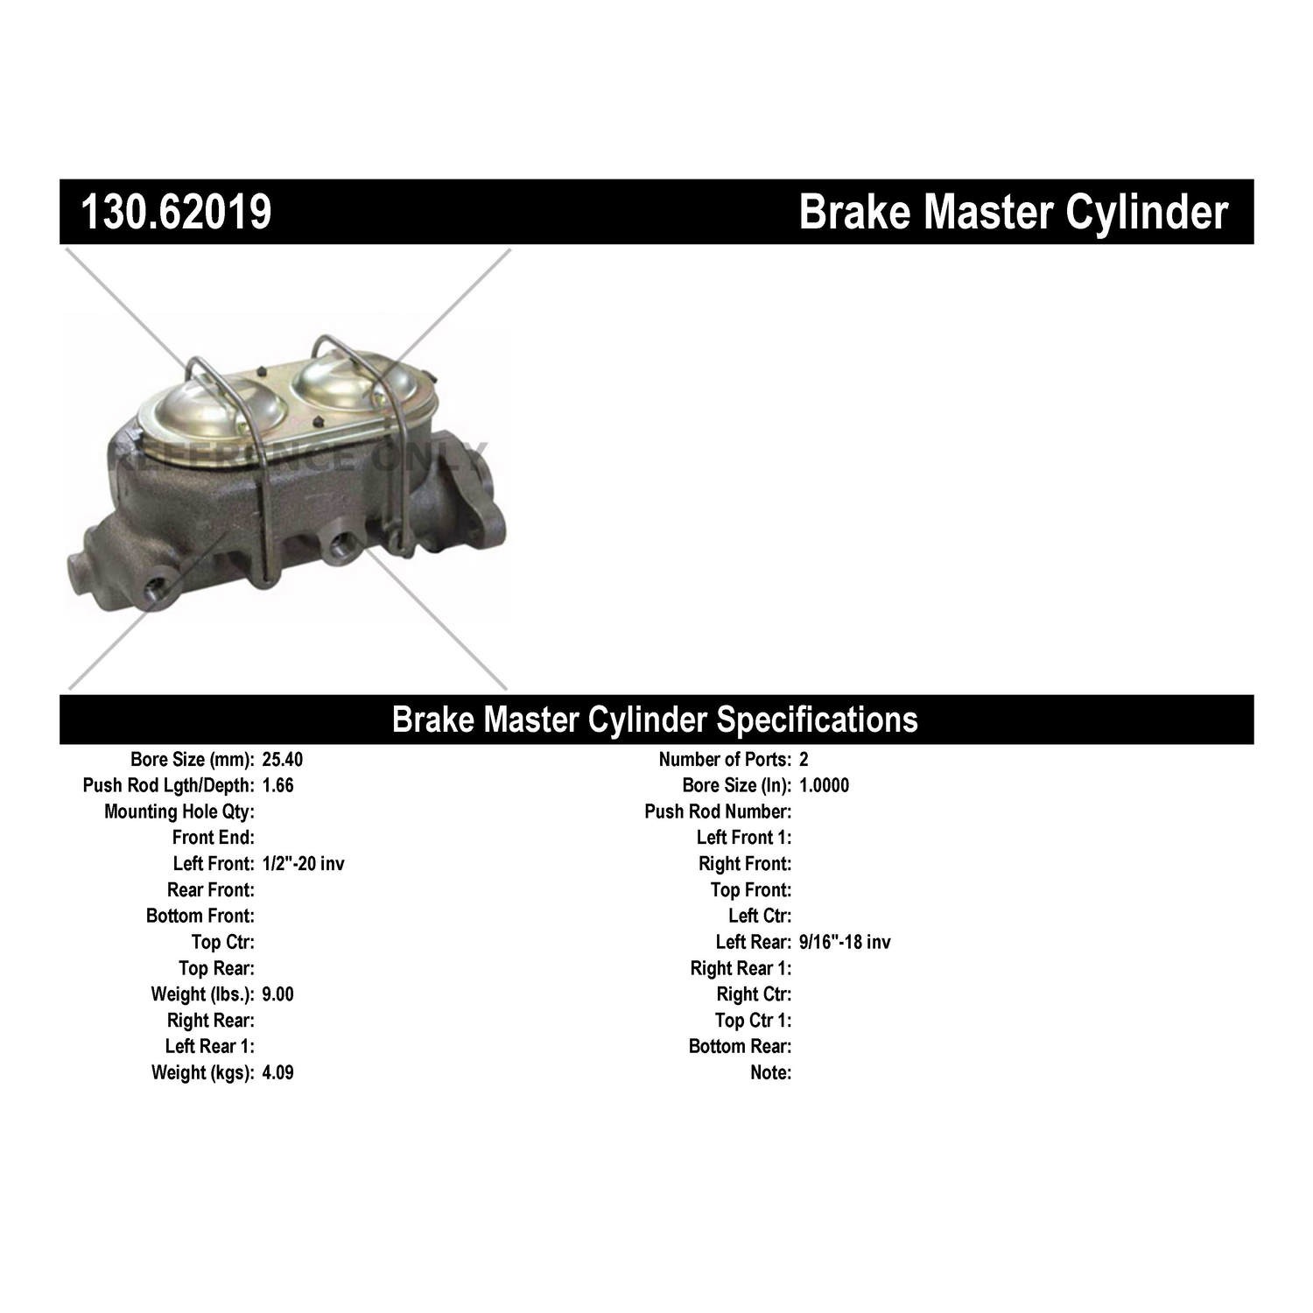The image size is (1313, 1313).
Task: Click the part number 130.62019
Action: tap(176, 213)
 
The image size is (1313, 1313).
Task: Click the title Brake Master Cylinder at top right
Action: tap(1014, 213)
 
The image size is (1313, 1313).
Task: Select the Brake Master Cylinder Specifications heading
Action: tap(655, 720)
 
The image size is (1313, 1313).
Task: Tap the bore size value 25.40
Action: tap(282, 760)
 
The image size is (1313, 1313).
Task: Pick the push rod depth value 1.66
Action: tap(277, 786)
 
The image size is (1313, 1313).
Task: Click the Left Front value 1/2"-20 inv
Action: tap(303, 864)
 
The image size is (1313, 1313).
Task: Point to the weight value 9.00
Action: tap(277, 994)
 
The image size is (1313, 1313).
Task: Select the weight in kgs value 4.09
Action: tap(277, 1073)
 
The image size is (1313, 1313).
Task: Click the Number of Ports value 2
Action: tap(804, 760)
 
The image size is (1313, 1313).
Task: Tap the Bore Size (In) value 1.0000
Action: tap(824, 786)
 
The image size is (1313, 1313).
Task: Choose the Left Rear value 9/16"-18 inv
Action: tap(845, 943)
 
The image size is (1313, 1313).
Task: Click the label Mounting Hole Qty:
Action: tap(179, 812)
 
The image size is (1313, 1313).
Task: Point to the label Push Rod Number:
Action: tap(718, 812)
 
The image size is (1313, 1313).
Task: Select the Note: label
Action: tap(770, 1073)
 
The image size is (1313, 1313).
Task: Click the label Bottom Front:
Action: tap(200, 916)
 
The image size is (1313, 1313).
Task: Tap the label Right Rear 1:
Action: tap(741, 968)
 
